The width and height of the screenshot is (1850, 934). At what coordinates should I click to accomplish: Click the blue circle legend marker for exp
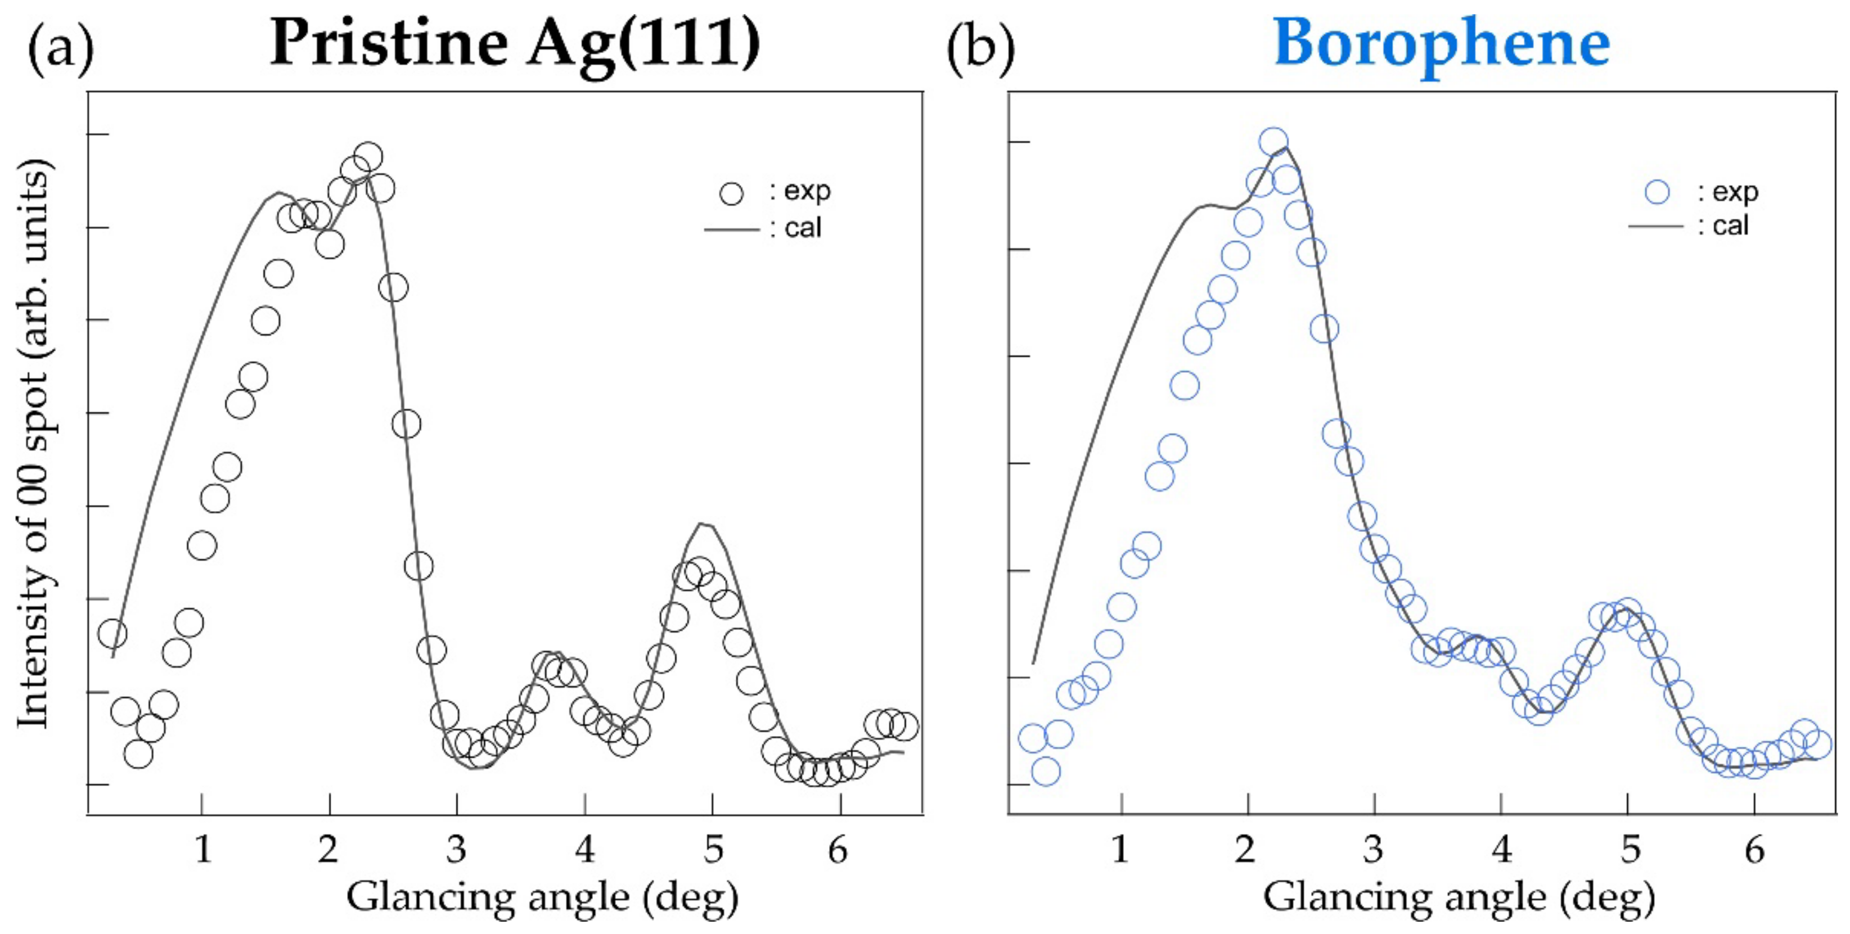pos(1658,192)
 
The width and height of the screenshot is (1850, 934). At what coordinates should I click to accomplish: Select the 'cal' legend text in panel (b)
pos(1731,226)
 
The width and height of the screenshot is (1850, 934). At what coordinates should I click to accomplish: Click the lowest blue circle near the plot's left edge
pos(1046,771)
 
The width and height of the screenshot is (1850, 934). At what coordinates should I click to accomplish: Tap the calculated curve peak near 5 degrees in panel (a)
pos(706,524)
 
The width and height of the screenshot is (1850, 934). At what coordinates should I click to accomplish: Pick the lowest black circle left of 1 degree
pos(138,753)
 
